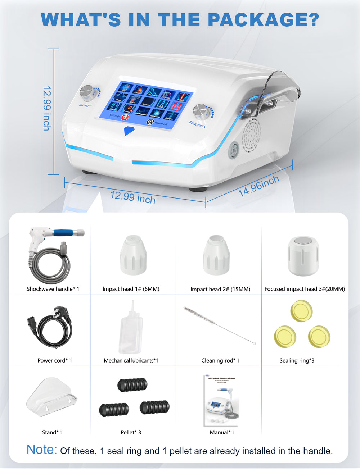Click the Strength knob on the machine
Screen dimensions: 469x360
(x=86, y=93)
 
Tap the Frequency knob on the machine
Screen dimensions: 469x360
(x=201, y=112)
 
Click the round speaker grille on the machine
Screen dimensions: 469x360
(x=251, y=135)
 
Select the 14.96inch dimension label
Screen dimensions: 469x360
(x=258, y=186)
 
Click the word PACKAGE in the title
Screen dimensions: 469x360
(x=264, y=20)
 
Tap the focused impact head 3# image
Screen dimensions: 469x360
(x=303, y=256)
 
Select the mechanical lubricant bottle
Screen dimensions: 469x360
(x=131, y=328)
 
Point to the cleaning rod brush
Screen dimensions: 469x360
(x=219, y=325)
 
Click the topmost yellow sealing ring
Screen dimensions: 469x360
(x=301, y=311)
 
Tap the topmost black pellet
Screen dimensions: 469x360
(x=132, y=384)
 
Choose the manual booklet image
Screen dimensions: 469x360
(x=221, y=401)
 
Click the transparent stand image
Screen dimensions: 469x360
(x=51, y=397)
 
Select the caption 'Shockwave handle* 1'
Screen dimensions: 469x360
(x=53, y=289)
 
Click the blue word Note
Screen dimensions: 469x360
(x=42, y=450)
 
